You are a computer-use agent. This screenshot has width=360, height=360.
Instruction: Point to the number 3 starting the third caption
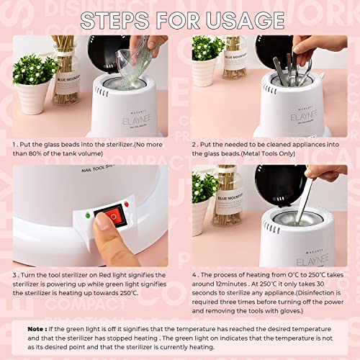tap(14, 274)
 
